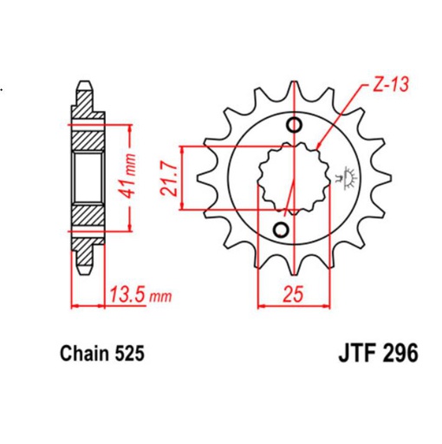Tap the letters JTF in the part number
pyautogui.click(x=350, y=355)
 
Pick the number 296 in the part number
pyautogui.click(x=400, y=355)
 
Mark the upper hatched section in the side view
pyautogui.click(x=86, y=130)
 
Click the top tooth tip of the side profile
pyautogui.click(x=84, y=84)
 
